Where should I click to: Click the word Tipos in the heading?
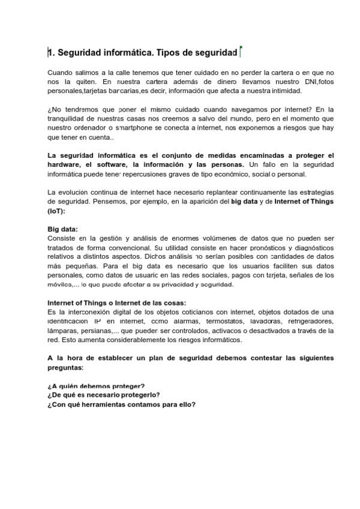coord(168,53)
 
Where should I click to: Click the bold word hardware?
coord(67,164)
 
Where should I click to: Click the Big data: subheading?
coord(62,229)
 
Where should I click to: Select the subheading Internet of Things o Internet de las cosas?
coord(116,303)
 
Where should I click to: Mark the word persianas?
coord(91,331)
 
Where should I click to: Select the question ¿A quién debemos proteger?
coord(96,386)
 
